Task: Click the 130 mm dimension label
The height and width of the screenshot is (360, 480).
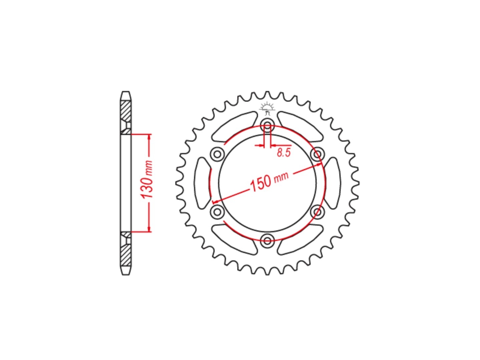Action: pos(147,180)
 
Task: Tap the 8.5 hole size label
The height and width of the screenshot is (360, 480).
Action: pos(284,153)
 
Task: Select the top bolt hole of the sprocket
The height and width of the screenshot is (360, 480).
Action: pos(267,125)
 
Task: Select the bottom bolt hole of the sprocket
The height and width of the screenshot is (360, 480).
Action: pos(267,240)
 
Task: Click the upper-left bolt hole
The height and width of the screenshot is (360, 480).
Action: pos(217,154)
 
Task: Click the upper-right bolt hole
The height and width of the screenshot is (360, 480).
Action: pos(317,154)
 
